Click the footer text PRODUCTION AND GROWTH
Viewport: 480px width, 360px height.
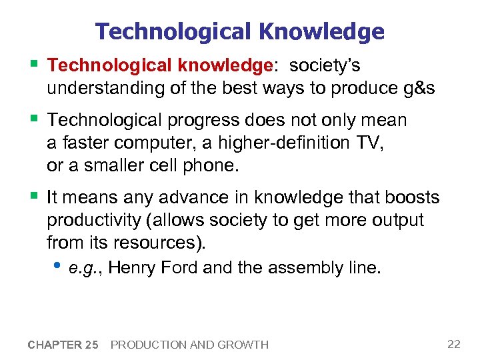tap(189, 345)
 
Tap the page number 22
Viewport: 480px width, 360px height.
tap(454, 344)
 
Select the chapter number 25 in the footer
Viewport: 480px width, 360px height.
tap(91, 345)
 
